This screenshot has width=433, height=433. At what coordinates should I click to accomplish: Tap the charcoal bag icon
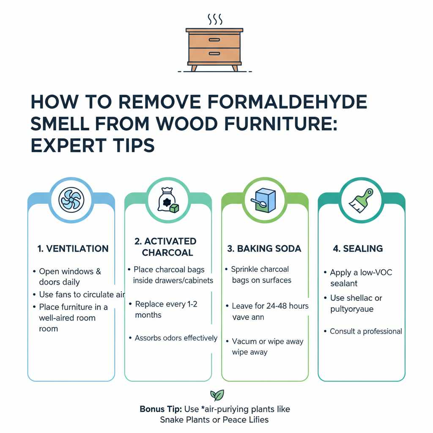[168, 200]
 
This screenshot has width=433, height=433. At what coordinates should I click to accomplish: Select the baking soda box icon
[264, 200]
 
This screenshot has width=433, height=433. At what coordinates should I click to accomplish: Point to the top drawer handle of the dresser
[214, 40]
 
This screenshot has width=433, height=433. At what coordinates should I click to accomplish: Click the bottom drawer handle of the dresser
[214, 54]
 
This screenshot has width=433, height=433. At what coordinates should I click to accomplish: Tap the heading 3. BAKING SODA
[264, 249]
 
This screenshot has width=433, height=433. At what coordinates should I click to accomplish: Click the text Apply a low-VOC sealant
[361, 277]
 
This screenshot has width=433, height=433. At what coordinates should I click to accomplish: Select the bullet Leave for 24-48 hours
[270, 306]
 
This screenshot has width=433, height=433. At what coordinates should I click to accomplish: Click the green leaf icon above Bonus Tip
[217, 395]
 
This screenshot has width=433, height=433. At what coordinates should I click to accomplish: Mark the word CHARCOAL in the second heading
[167, 253]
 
